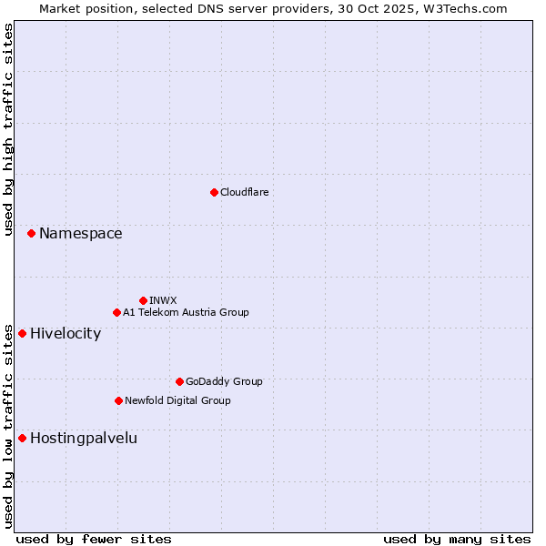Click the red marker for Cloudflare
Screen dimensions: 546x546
214,192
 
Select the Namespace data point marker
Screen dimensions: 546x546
31,234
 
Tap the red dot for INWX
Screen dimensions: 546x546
143,300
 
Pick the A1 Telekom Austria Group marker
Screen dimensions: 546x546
116,312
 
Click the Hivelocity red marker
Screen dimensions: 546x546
22,333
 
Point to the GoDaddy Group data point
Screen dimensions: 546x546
179,381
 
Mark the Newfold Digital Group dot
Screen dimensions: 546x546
118,400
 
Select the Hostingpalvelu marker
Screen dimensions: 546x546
22,438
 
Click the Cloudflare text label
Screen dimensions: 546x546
245,192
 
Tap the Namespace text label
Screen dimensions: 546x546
80,234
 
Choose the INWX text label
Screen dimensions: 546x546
163,300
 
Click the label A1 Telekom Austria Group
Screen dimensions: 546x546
186,312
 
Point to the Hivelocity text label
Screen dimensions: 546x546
66,333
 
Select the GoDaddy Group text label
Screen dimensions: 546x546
224,381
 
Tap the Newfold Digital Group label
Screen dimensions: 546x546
177,400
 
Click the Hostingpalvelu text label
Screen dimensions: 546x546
84,438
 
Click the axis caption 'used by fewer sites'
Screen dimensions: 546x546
94,540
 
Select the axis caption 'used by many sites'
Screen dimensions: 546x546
457,540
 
